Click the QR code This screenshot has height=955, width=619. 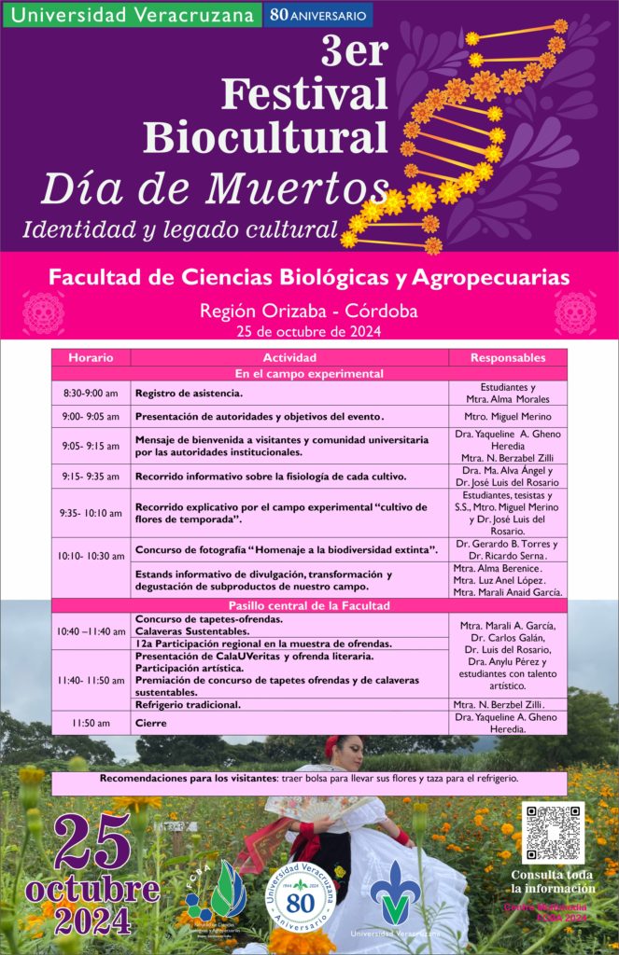553,832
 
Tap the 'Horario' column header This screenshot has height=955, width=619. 91,357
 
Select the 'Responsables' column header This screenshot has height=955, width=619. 507,357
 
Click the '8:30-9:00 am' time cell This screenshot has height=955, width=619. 91,394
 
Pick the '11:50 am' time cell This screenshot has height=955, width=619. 91,723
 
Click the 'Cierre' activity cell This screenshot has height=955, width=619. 289,723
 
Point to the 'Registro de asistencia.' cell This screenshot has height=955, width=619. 289,394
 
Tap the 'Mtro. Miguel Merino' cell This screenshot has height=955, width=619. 507,417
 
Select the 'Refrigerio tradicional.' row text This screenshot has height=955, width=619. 289,705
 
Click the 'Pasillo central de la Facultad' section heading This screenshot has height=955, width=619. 309,605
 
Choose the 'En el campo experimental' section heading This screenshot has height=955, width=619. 309,373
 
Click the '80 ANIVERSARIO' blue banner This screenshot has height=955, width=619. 318,15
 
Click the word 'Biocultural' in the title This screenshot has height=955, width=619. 265,137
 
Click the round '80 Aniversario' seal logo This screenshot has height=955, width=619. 301,895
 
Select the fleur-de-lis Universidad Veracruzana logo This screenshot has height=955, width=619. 395,893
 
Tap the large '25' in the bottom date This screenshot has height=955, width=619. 92,841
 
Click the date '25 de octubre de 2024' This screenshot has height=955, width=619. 309,330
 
